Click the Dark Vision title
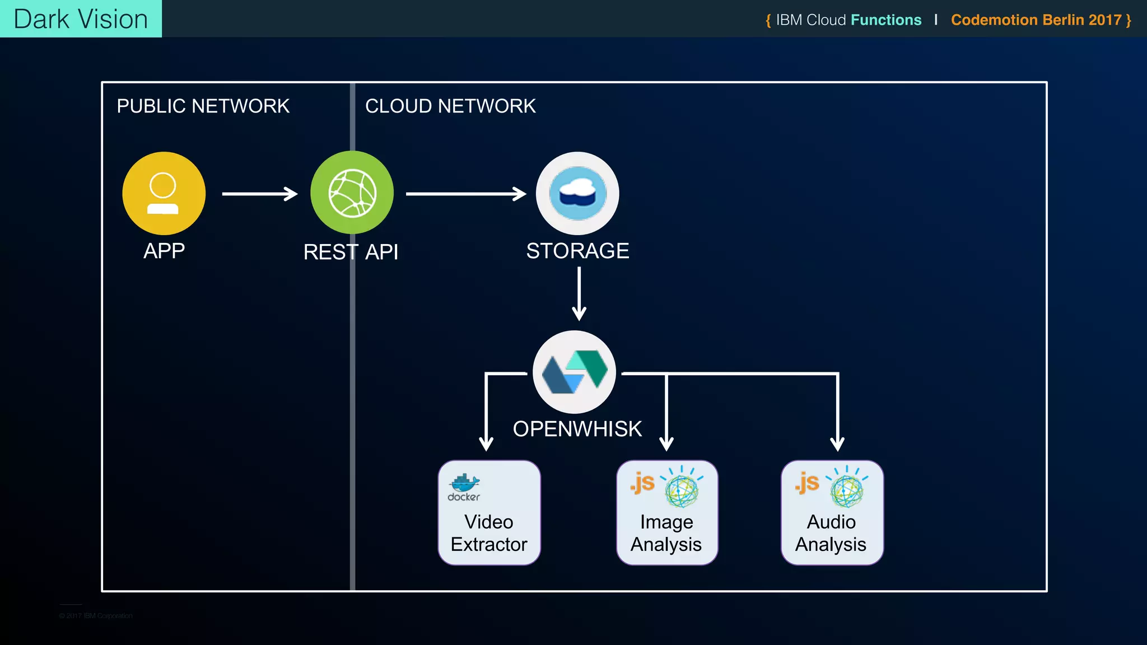81,19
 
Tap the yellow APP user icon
164,193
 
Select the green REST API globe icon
352,193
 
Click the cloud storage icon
577,193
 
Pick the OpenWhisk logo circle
575,372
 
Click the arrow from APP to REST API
259,194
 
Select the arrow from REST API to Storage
465,194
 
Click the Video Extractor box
489,513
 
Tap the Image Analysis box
666,513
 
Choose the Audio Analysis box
832,513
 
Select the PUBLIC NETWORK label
203,106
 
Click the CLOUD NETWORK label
450,106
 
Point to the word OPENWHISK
577,429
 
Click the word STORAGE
577,251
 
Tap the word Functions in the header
885,20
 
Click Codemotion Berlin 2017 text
1036,20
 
